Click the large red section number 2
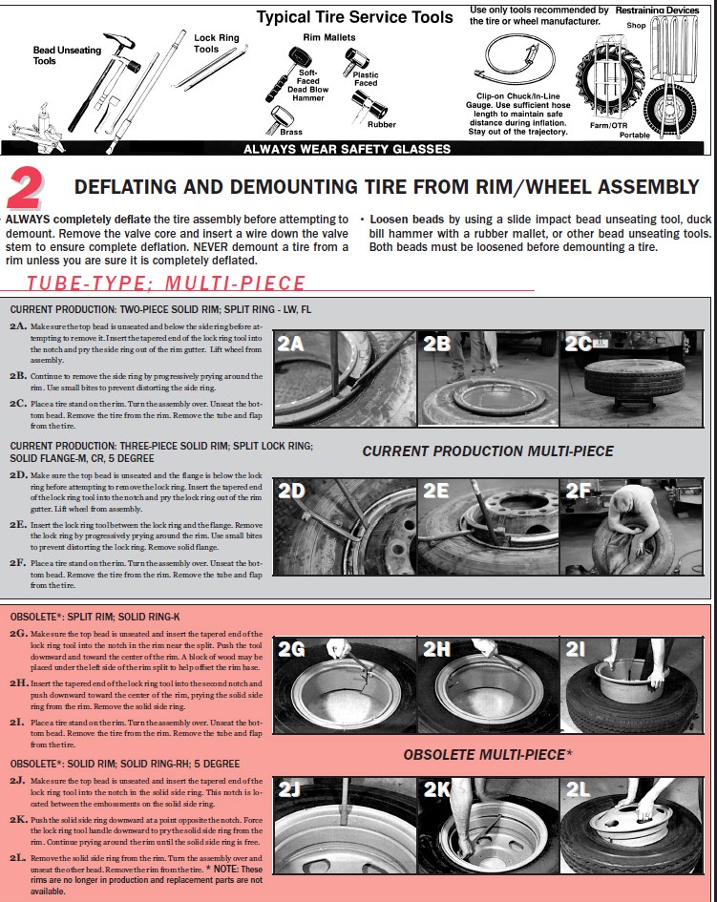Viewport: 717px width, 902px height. tap(27, 189)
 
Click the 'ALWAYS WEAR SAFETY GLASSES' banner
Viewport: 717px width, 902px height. tap(348, 148)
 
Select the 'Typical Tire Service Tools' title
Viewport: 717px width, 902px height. tap(354, 17)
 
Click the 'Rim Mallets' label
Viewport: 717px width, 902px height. tap(329, 37)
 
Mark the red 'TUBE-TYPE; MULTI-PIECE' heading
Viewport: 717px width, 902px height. tap(166, 283)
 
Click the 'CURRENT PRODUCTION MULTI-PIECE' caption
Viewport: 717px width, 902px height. tap(488, 451)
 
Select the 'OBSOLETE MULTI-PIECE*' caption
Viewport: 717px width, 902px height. tap(488, 754)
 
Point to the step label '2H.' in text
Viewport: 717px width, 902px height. tap(18, 684)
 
